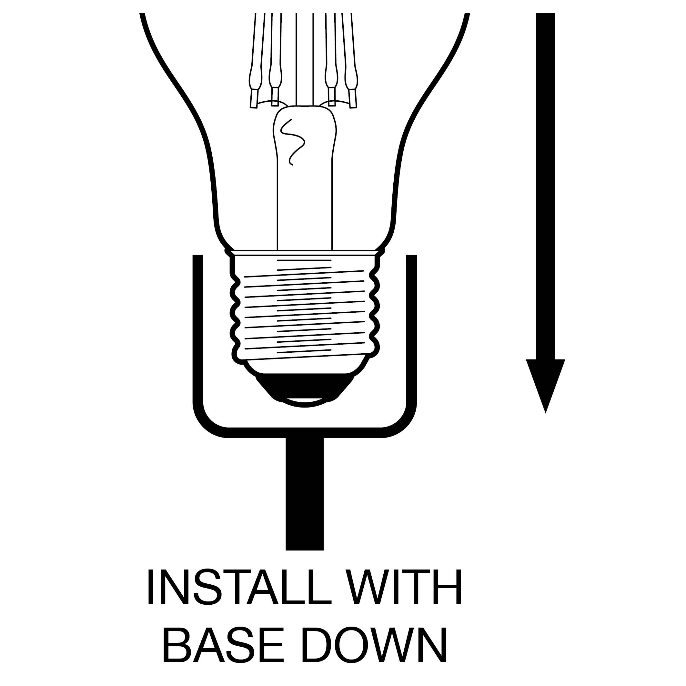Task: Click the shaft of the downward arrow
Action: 545,187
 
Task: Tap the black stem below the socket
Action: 305,494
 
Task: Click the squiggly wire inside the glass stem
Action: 292,142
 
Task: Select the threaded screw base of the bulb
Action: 305,308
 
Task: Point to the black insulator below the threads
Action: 305,387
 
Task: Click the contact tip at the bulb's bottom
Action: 305,403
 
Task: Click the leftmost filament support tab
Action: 254,98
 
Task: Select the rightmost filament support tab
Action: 353,98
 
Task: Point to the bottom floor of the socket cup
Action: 305,432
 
